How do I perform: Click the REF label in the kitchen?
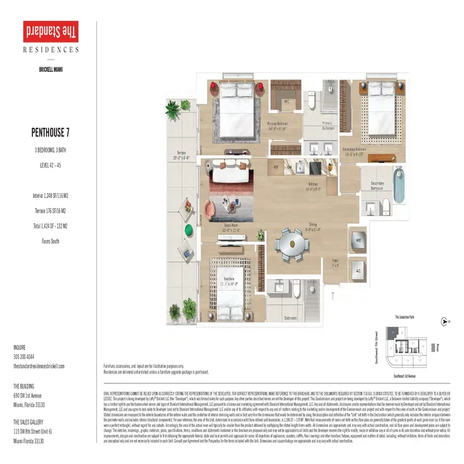[x=276, y=167]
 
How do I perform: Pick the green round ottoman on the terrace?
[x=190, y=230]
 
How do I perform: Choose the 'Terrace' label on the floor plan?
[x=180, y=151]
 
